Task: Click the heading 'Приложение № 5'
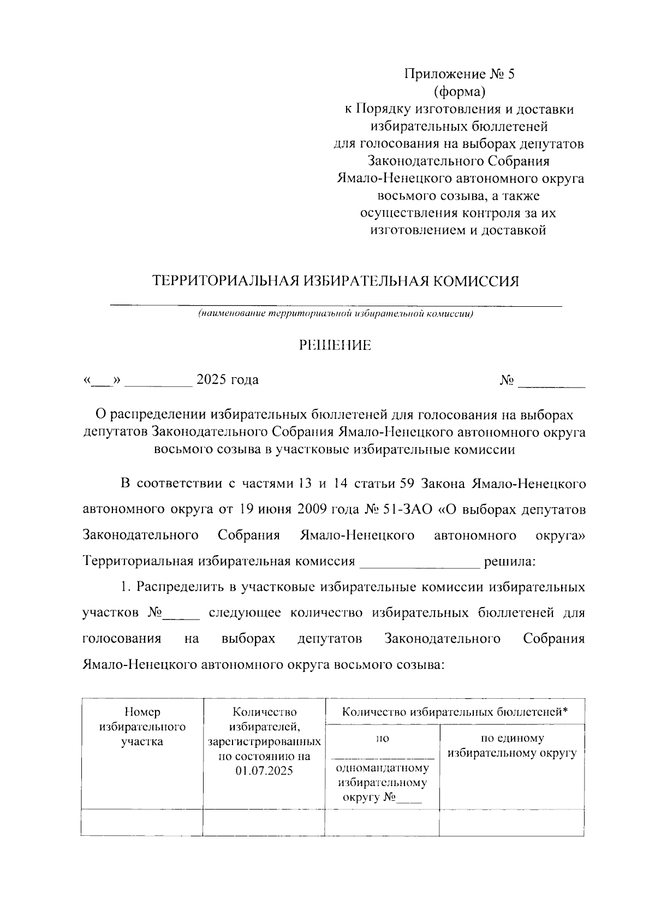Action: click(459, 74)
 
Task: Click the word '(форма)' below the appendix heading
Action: click(459, 92)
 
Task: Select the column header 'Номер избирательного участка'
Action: click(142, 727)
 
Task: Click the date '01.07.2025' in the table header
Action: click(264, 771)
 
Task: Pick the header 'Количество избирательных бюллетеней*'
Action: click(455, 712)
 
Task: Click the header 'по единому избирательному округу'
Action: click(511, 746)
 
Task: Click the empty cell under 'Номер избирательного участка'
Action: click(142, 823)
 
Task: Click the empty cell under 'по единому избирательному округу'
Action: click(511, 823)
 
